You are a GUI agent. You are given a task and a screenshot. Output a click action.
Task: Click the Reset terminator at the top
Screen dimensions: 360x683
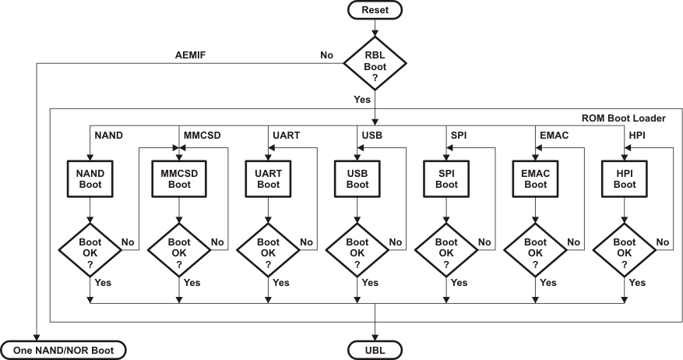[375, 10]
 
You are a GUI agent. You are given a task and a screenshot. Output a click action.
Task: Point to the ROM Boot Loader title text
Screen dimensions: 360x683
[623, 118]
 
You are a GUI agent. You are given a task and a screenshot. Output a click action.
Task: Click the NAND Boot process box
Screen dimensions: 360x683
[90, 178]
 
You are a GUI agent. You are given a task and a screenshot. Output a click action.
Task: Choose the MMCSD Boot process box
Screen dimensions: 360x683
[179, 178]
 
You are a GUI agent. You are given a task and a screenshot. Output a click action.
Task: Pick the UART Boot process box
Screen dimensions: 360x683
[268, 178]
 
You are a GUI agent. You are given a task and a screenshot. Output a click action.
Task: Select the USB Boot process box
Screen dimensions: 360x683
[357, 178]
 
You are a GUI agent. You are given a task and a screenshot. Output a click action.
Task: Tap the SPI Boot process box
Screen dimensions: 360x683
[446, 178]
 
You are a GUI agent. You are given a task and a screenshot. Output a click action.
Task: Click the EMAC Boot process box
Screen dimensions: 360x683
[535, 178]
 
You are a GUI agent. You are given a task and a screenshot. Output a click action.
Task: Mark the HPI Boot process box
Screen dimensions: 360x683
[624, 178]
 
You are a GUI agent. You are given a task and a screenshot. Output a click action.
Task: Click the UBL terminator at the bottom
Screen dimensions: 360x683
[375, 350]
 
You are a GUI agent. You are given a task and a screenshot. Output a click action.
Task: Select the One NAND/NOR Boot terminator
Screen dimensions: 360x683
[64, 350]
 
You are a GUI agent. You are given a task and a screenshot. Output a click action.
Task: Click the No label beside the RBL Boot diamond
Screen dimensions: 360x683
[327, 55]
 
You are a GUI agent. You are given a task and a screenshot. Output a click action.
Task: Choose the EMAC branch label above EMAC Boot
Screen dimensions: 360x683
[554, 135]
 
